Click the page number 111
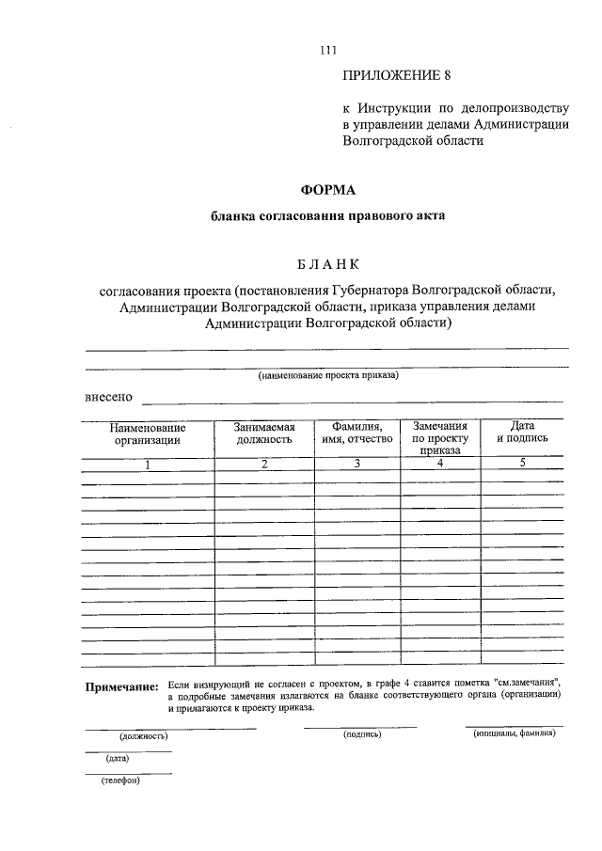pos(327,51)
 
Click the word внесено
pos(108,397)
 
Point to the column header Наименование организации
pos(148,433)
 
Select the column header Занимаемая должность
pos(264,433)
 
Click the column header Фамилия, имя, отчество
pos(356,433)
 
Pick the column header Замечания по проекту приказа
pos(440,438)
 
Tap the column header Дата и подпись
pos(522,433)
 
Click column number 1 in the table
pos(148,464)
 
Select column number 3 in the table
pos(356,463)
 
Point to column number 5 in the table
pos(522,463)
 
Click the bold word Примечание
pos(121,687)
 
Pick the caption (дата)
pos(118,758)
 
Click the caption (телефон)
pos(119,780)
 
